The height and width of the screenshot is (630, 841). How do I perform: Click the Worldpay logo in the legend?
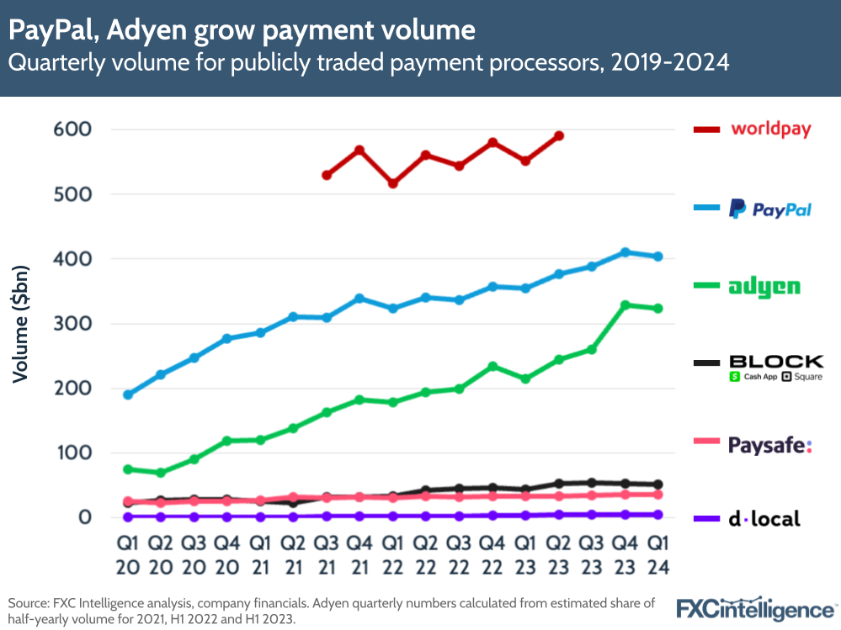(x=770, y=130)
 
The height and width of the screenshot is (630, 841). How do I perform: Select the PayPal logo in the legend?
(x=770, y=209)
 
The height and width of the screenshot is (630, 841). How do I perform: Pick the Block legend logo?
(x=775, y=368)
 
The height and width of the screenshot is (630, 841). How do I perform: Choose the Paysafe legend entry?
(x=770, y=445)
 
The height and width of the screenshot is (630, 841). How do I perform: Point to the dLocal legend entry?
(x=764, y=519)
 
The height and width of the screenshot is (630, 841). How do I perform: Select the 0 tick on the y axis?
(x=86, y=517)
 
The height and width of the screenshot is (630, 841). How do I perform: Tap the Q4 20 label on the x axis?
(x=226, y=556)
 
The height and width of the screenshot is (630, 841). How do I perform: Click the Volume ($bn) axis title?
(x=20, y=324)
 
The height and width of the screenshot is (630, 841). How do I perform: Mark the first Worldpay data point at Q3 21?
(x=327, y=175)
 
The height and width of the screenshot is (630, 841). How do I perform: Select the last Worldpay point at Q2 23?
(x=558, y=135)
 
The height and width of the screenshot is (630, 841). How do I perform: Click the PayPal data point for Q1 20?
(x=128, y=394)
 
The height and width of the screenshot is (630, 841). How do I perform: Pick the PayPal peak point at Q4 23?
(x=625, y=252)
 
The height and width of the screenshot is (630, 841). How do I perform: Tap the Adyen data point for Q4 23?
(x=625, y=305)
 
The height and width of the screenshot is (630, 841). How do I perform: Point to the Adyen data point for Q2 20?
(x=161, y=473)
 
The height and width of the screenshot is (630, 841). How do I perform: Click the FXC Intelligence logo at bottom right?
(x=756, y=607)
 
